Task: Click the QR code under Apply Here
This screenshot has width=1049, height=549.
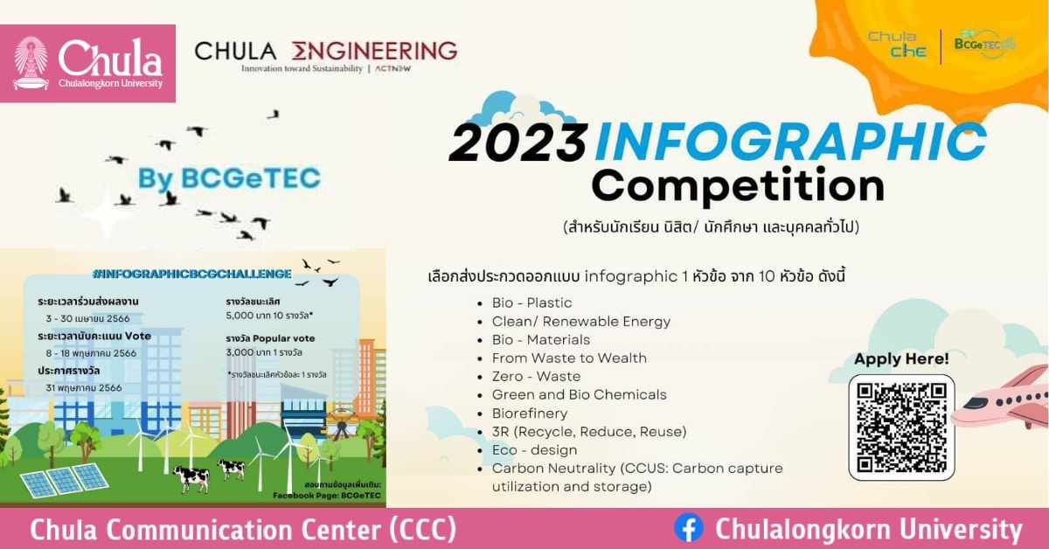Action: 901,427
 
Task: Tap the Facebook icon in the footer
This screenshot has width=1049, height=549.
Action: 689,528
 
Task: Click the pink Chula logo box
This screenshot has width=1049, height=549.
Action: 87,63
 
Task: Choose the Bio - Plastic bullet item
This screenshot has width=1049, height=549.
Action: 531,302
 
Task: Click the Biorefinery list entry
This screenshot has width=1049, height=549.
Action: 530,413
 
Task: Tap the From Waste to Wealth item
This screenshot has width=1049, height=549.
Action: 569,358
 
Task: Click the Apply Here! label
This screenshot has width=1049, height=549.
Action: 901,358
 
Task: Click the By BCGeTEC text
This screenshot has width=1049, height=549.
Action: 229,178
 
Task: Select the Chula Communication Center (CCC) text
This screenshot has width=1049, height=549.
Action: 243,529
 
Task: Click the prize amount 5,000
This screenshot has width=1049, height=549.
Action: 240,316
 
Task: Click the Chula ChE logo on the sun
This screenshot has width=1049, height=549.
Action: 892,44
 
